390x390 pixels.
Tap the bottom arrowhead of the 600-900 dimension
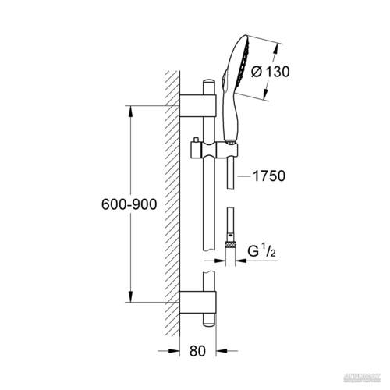tap(129, 300)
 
